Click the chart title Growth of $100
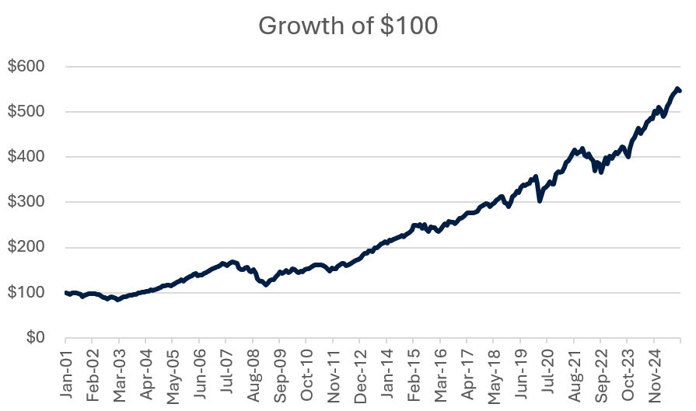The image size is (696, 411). click(348, 26)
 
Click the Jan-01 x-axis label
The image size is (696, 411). click(65, 374)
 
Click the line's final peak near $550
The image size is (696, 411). click(677, 89)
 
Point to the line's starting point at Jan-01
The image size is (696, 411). click(66, 293)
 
